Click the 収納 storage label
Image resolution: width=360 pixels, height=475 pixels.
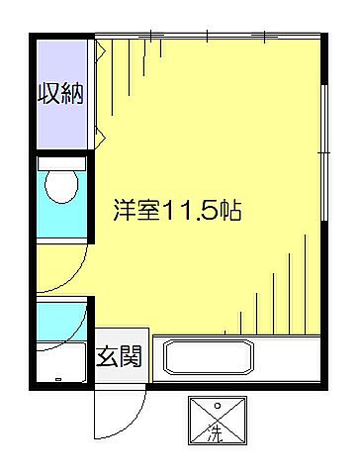(60, 95)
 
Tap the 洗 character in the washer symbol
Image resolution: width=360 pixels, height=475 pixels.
(214, 431)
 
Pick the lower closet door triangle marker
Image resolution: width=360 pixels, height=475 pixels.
(99, 134)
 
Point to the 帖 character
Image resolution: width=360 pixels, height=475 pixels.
(234, 212)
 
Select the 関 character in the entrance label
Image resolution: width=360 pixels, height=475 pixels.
(131, 355)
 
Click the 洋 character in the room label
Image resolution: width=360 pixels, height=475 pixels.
(126, 212)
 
